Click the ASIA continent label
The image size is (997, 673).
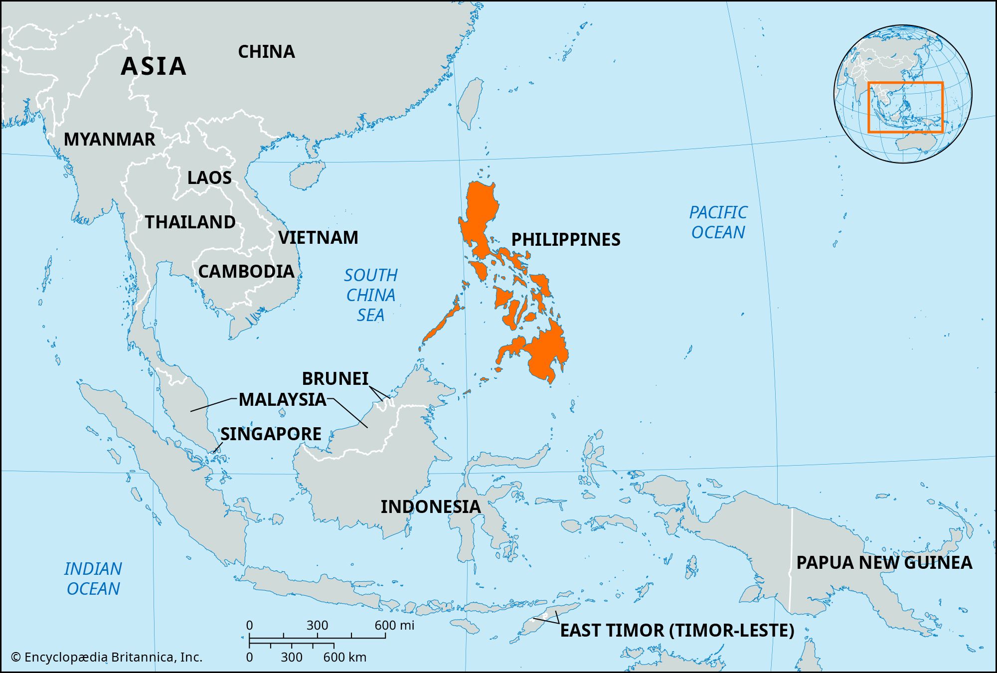pyautogui.click(x=154, y=66)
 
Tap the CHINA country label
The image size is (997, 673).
pyautogui.click(x=266, y=52)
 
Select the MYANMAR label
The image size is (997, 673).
pyautogui.click(x=109, y=140)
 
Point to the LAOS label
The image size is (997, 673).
pyautogui.click(x=209, y=178)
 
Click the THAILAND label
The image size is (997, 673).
pyautogui.click(x=190, y=222)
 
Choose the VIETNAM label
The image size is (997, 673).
pyautogui.click(x=318, y=238)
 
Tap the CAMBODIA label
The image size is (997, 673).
pyautogui.click(x=246, y=272)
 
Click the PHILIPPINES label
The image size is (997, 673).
pyautogui.click(x=566, y=240)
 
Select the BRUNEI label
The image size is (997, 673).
pyautogui.click(x=335, y=379)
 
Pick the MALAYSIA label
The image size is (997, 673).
pyautogui.click(x=282, y=400)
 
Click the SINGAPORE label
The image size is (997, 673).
pyautogui.click(x=271, y=434)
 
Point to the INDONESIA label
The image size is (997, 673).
pyautogui.click(x=431, y=507)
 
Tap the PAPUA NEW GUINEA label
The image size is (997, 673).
pyautogui.click(x=884, y=563)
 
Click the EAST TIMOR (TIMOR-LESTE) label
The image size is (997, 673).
pyautogui.click(x=677, y=631)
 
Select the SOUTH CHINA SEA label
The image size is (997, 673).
pyautogui.click(x=371, y=295)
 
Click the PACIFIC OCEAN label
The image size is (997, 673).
pyautogui.click(x=718, y=222)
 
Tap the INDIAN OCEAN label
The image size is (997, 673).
pyautogui.click(x=93, y=579)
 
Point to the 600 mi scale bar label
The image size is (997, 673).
pyautogui.click(x=394, y=625)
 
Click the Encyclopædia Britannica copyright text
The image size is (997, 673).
pyautogui.click(x=107, y=658)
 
